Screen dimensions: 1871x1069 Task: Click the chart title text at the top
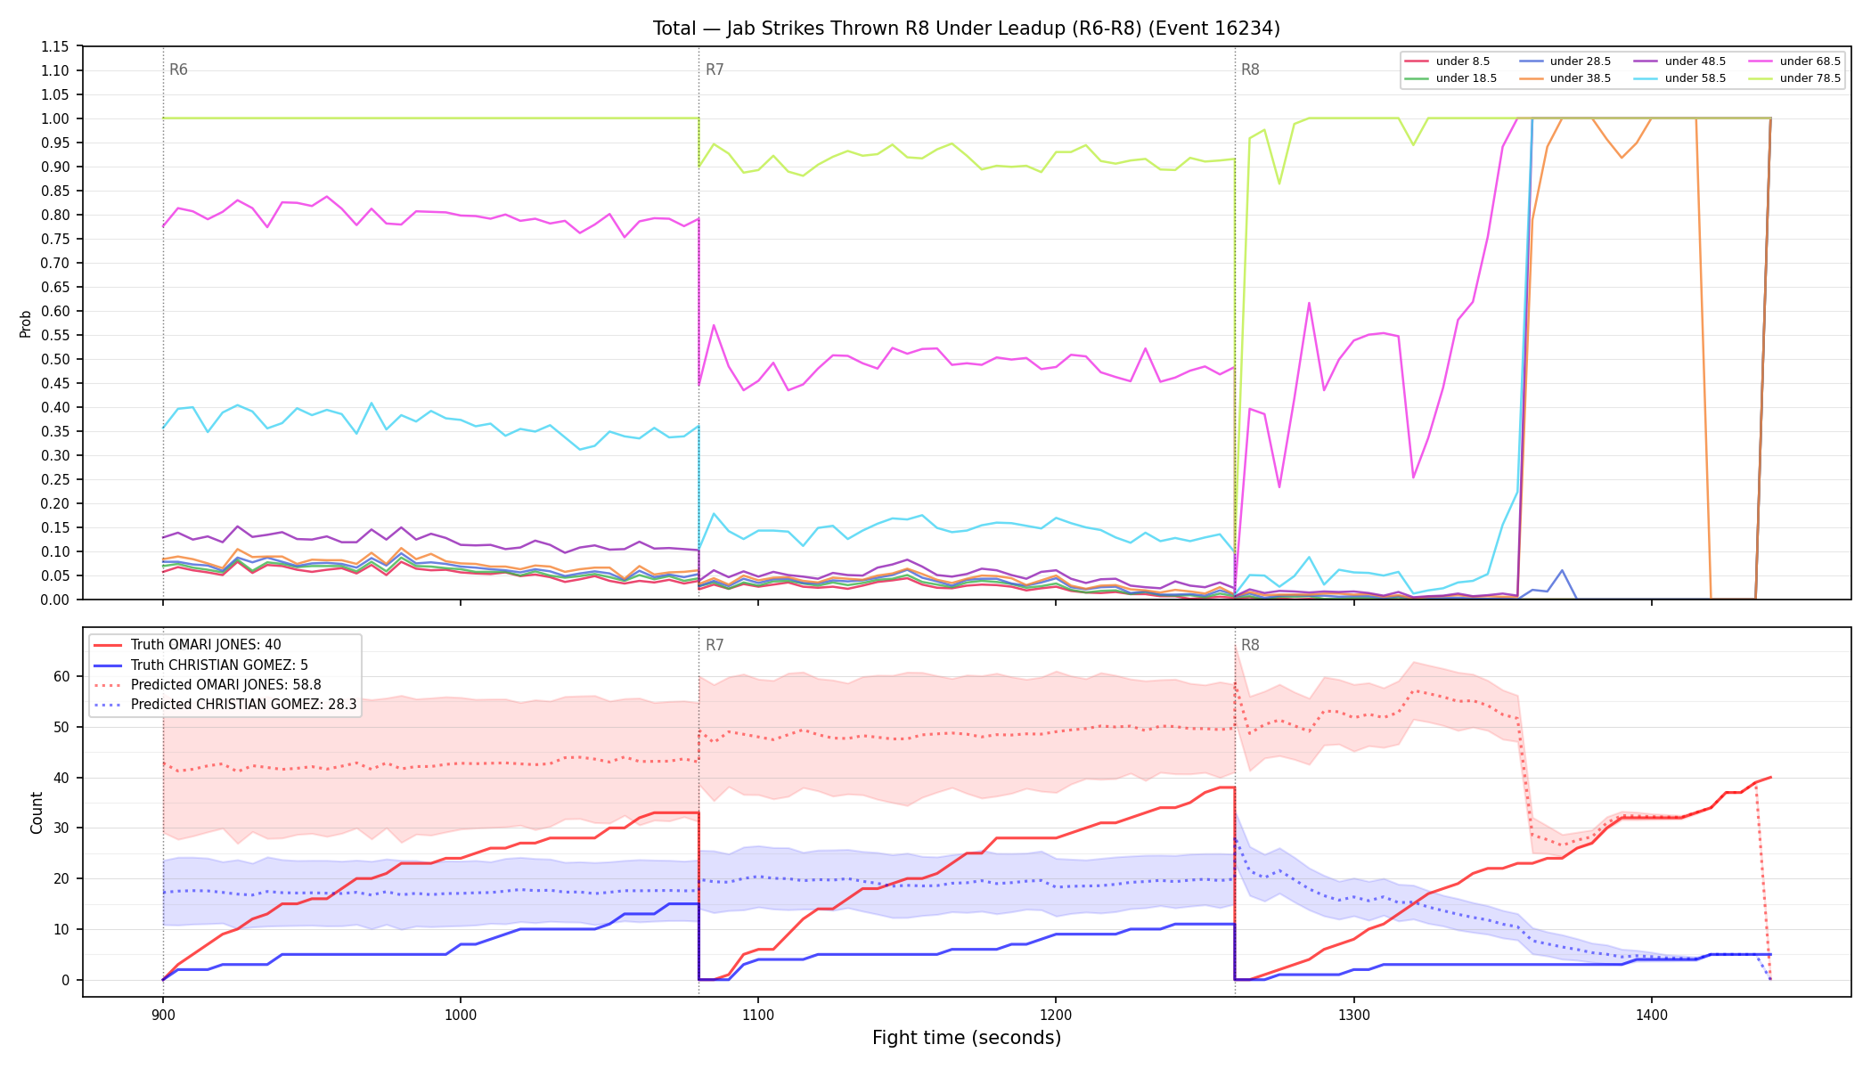tap(967, 29)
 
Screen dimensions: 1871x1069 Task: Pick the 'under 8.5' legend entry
tap(1447, 61)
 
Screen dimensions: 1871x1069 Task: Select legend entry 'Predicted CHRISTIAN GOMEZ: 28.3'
tap(225, 705)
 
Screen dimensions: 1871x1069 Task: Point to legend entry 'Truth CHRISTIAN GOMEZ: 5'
tap(200, 665)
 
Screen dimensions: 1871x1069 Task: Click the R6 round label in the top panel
tap(178, 69)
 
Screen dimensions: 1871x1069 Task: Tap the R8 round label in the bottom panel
tap(1250, 645)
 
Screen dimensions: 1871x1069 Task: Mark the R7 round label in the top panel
tap(715, 69)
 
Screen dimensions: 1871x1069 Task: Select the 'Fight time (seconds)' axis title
tap(967, 1038)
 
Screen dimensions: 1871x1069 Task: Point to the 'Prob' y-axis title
tap(26, 323)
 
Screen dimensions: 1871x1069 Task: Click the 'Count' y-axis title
tap(37, 812)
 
